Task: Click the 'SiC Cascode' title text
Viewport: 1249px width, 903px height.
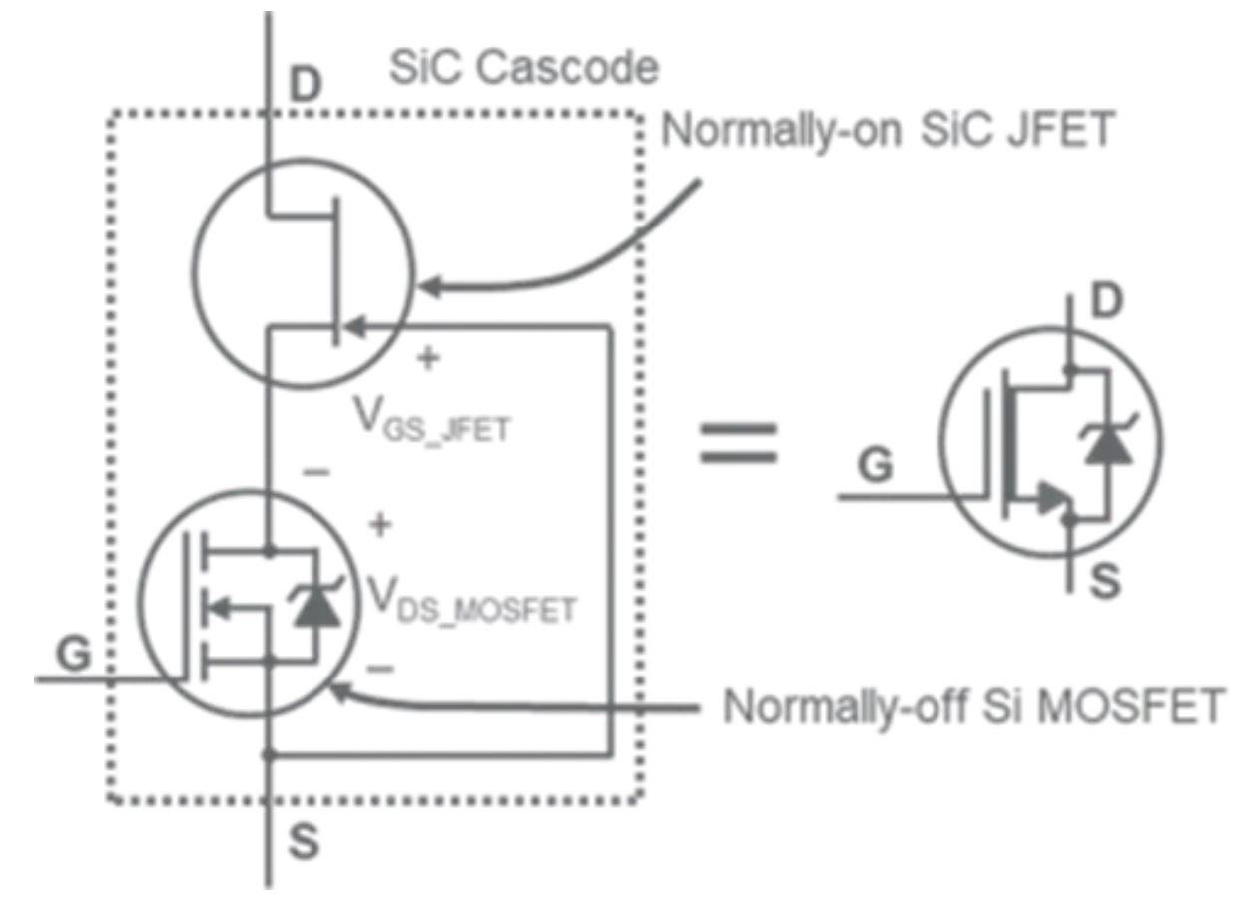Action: tap(523, 68)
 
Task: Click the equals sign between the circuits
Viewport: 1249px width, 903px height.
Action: tap(738, 441)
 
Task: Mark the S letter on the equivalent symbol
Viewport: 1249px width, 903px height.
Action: tap(1103, 582)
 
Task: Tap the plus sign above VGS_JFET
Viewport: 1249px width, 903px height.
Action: tap(428, 358)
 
